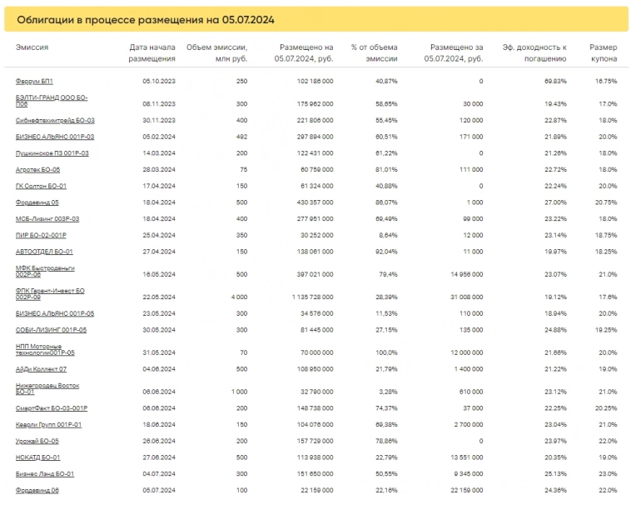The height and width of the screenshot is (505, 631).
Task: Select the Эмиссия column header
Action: tap(32, 47)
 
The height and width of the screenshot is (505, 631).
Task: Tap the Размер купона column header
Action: tap(603, 53)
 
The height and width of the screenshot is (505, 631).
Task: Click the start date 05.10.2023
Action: tap(158, 81)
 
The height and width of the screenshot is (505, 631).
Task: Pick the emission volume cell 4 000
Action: tap(238, 297)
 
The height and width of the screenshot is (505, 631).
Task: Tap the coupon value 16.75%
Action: tap(606, 81)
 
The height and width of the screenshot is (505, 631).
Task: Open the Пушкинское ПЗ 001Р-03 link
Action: tap(52, 153)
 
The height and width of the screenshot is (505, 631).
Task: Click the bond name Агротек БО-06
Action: tap(38, 169)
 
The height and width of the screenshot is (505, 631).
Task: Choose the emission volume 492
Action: tap(241, 137)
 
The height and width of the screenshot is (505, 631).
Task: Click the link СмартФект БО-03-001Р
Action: tap(52, 408)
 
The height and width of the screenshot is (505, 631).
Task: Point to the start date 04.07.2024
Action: tap(158, 473)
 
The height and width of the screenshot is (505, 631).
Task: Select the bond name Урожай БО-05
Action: tap(37, 441)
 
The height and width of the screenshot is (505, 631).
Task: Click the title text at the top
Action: tap(146, 18)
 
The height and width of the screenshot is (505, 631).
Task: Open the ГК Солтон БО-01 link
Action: tap(41, 186)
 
